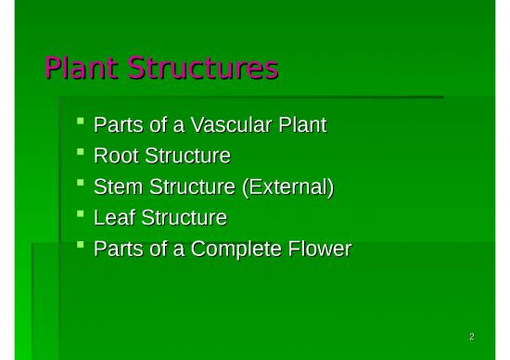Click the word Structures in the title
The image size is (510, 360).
tap(203, 70)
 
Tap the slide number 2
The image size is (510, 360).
tap(472, 336)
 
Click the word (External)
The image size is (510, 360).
tap(287, 187)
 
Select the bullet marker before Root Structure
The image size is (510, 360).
tap(82, 152)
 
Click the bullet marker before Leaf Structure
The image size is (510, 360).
tap(82, 215)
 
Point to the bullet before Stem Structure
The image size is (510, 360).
tap(82, 184)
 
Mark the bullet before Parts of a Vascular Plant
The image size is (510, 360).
tap(82, 122)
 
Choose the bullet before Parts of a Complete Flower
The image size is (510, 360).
tap(82, 246)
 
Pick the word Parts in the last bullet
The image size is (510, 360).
tap(117, 250)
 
